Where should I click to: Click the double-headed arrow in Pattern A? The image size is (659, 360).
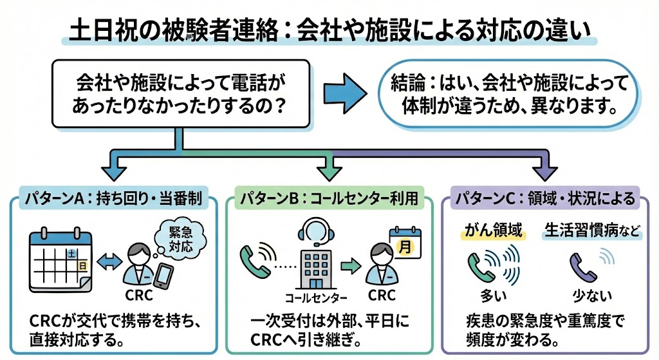[x=107, y=261]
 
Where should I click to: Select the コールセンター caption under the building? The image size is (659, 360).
[x=315, y=298]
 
